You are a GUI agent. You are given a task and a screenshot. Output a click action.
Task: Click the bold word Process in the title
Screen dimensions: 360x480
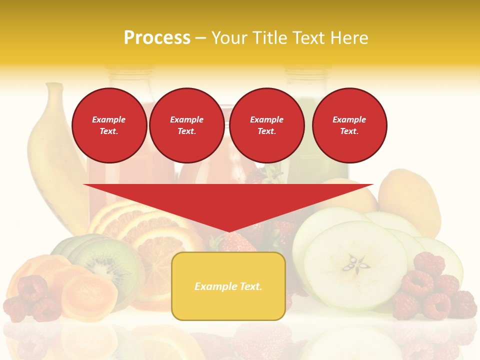pos(157,38)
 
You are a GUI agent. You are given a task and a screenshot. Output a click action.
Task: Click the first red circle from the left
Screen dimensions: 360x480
pos(109,125)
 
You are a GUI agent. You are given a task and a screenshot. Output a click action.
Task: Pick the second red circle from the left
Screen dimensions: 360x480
pos(186,125)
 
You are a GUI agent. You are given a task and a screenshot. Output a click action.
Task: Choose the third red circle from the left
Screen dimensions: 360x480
pos(266,125)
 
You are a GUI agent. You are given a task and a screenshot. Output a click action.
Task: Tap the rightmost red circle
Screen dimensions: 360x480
pos(349,125)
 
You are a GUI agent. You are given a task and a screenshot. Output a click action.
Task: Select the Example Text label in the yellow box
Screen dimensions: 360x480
pos(228,286)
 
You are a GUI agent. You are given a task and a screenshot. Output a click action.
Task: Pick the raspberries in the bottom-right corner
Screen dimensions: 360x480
pos(435,295)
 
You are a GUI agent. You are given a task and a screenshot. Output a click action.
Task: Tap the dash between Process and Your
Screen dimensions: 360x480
pos(201,38)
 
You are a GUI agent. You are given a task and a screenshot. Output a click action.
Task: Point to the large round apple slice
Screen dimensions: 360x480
pos(355,265)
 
